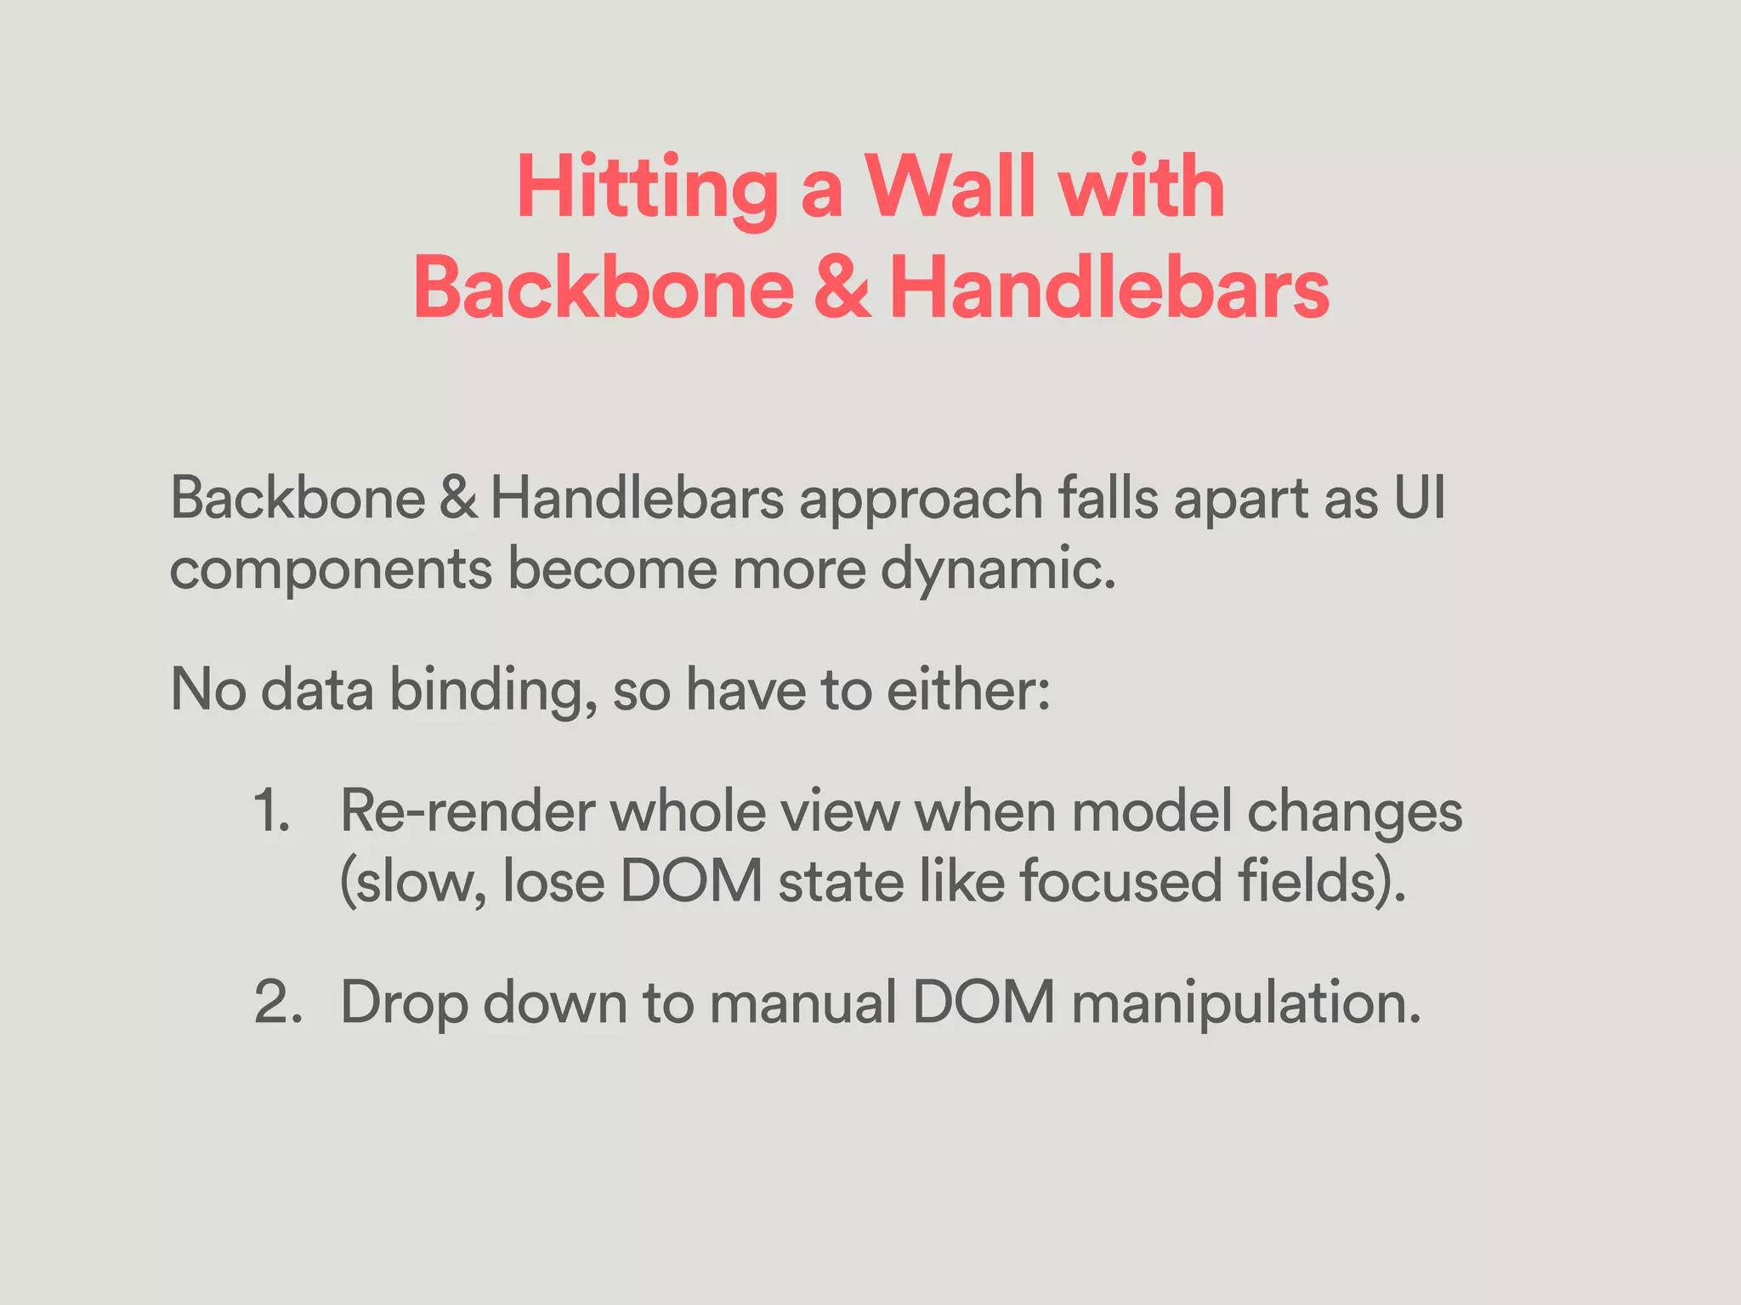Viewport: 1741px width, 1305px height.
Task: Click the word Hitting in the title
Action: pos(646,189)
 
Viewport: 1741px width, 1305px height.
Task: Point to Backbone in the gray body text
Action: pos(298,499)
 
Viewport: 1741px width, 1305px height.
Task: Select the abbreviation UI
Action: pos(1419,499)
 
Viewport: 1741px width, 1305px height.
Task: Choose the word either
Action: pos(968,689)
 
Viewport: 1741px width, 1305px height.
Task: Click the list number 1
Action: pos(271,811)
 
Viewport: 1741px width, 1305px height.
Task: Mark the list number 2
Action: pos(278,1003)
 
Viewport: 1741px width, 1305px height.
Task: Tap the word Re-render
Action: pos(468,812)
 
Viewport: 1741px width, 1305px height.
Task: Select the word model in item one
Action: pos(1151,812)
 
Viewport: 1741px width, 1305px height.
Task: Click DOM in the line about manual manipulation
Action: pos(984,1003)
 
